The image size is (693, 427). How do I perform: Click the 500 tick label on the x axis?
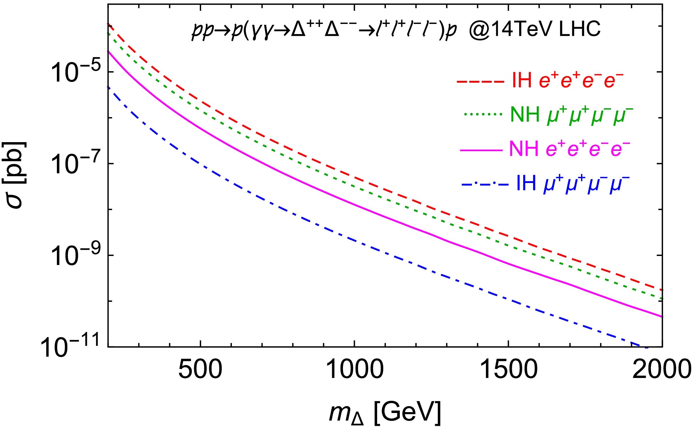point(200,369)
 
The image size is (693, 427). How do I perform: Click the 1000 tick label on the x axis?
point(354,369)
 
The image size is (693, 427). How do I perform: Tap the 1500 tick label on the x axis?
point(508,369)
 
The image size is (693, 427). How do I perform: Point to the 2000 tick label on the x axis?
point(661,369)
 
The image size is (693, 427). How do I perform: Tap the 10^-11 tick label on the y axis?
point(70,347)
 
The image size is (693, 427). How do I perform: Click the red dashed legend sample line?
point(480,82)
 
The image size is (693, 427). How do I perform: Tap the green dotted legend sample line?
point(483,114)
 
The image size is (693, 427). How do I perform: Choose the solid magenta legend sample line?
point(481,150)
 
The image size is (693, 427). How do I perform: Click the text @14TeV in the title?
point(509,29)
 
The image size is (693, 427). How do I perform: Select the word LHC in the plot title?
point(576,29)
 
